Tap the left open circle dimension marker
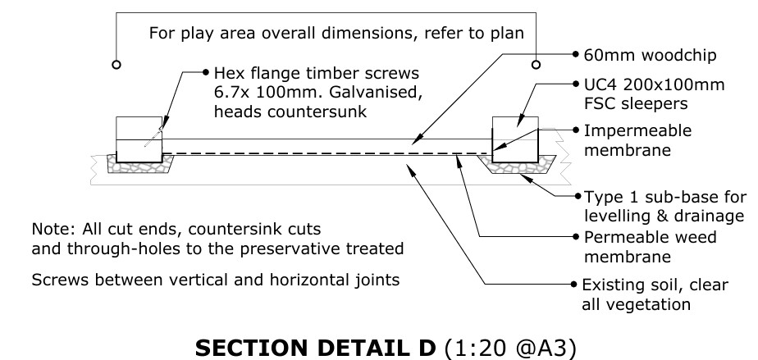pos(117,63)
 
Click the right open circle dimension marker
pos(537,63)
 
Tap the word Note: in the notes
pos(50,227)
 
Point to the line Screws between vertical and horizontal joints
pos(216,280)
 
